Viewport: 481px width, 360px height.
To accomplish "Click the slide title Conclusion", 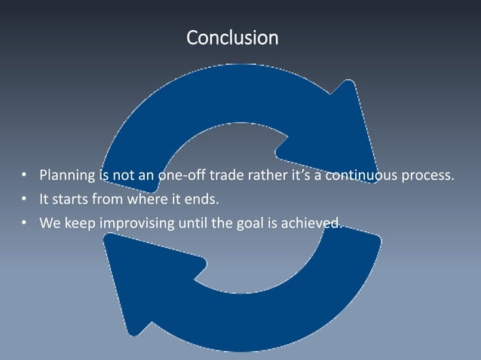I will click(232, 37).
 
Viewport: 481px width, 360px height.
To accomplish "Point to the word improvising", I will click(134, 222).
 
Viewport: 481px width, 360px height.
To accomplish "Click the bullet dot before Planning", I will click(24, 178).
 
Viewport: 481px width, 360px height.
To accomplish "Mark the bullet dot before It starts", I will click(24, 200).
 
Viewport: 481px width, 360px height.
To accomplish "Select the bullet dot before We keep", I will click(24, 223).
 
